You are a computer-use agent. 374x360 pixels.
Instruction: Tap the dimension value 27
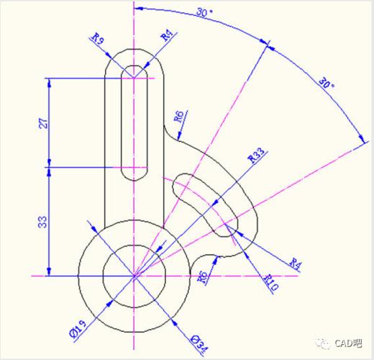click(41, 122)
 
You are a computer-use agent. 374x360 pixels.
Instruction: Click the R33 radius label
click(256, 156)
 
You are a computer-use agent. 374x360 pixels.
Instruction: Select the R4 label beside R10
click(295, 264)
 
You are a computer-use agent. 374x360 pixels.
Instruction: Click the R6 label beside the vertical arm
click(179, 117)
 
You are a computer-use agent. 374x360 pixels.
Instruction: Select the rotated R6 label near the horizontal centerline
click(203, 279)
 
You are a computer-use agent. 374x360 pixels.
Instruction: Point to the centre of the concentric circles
click(134, 275)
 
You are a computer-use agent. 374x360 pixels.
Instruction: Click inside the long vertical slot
click(134, 122)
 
